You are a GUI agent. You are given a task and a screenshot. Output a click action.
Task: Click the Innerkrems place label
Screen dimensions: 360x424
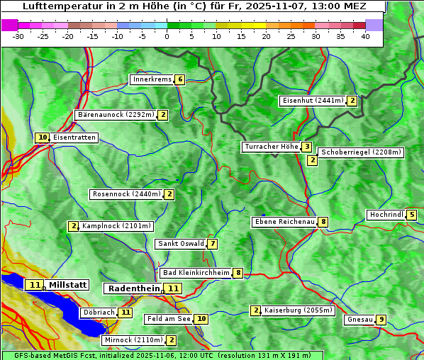(152, 79)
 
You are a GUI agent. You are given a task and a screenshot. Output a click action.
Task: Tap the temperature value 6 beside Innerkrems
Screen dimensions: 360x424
(180, 79)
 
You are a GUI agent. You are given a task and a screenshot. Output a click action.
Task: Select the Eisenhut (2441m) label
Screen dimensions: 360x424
(312, 101)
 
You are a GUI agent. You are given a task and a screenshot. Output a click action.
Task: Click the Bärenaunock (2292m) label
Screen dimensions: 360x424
(115, 114)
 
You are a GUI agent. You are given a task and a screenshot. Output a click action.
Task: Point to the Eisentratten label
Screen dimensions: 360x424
(74, 137)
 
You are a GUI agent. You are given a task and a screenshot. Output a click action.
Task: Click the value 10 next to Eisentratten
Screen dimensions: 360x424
(43, 137)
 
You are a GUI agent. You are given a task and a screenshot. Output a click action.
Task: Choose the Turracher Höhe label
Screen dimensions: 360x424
(271, 147)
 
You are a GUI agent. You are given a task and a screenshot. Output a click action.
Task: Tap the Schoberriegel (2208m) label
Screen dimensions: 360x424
(361, 152)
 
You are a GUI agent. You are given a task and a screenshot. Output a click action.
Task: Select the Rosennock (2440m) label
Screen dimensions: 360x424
(126, 193)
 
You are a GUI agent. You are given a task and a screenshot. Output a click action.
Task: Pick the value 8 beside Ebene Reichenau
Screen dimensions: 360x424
(323, 222)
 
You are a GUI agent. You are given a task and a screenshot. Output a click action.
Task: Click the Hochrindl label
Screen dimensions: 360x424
(386, 215)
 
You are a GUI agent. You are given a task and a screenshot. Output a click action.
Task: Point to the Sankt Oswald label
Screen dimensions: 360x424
(181, 244)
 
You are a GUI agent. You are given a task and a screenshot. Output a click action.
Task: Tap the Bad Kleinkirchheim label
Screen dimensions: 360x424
(196, 273)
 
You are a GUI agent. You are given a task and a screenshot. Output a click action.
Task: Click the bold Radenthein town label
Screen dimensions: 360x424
(133, 288)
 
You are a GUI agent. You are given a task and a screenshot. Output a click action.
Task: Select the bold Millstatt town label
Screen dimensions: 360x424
(67, 285)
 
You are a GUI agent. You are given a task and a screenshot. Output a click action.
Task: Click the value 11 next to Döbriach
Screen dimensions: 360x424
(125, 312)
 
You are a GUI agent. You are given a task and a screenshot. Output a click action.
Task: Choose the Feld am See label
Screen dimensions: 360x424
(169, 319)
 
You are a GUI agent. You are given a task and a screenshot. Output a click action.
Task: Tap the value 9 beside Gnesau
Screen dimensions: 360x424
(381, 320)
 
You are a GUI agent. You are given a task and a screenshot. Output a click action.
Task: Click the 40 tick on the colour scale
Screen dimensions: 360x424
(365, 36)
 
